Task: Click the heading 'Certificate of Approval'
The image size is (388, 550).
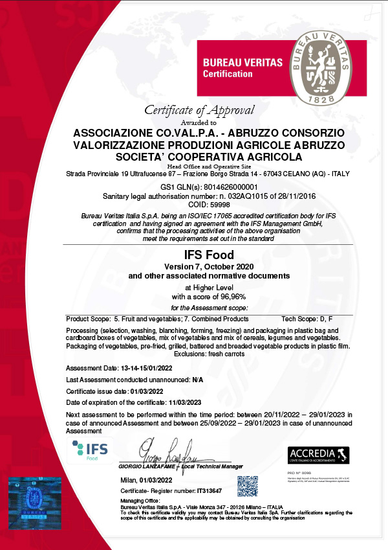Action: [199, 110]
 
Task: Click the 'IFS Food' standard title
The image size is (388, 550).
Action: [199, 255]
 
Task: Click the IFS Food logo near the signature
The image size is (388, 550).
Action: [90, 449]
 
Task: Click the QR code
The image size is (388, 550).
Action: [247, 486]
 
